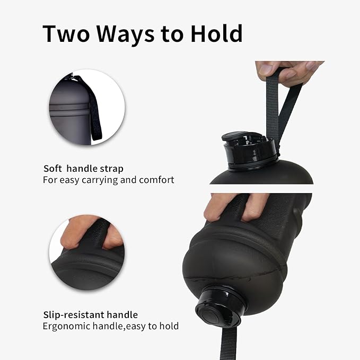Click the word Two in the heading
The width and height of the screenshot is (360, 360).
coord(66,33)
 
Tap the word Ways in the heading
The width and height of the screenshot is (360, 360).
coord(125,34)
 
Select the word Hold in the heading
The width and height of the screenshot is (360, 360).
coord(216,33)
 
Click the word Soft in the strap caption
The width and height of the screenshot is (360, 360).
coord(52,169)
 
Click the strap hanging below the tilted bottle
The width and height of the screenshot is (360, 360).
coord(229,344)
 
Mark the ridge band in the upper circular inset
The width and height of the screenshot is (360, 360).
coord(69,107)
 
